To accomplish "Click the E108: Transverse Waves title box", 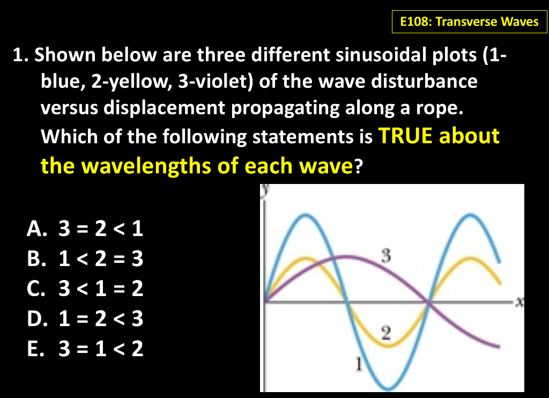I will coord(470,22).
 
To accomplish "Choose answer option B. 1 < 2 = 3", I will coord(85,260).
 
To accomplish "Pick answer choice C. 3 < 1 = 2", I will coord(85,290).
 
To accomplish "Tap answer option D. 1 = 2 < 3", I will coord(85,320).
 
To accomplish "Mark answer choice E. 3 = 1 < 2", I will coord(85,349).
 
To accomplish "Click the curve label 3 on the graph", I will coord(384,254).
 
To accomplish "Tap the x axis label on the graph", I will coord(518,302).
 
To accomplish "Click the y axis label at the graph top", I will coord(265,190).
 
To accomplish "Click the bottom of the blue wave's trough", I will coord(387,388).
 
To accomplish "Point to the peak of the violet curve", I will coord(347,256).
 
